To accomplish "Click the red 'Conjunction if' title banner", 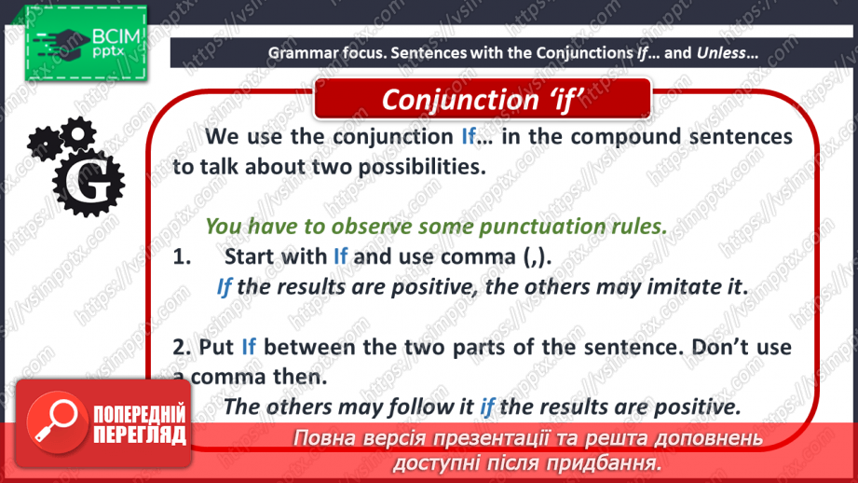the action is pyautogui.click(x=482, y=99).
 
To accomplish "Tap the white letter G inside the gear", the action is pyautogui.click(x=88, y=183).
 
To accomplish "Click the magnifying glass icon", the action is pyautogui.click(x=57, y=421).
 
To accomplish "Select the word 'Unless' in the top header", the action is pyautogui.click(x=721, y=53).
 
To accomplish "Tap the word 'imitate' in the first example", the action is pyautogui.click(x=684, y=287).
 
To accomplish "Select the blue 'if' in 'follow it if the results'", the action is pyautogui.click(x=487, y=407).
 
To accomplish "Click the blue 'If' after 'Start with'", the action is pyautogui.click(x=340, y=256).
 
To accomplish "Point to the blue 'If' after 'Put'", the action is pyautogui.click(x=249, y=347).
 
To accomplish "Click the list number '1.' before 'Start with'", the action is pyautogui.click(x=183, y=256).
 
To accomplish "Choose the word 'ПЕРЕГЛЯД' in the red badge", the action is pyautogui.click(x=140, y=435).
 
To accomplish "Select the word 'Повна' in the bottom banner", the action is pyautogui.click(x=320, y=438).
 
